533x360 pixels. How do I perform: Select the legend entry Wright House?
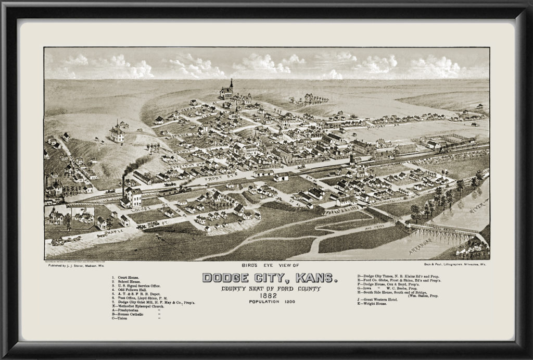point(375,303)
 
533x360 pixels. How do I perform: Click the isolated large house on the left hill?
point(117,133)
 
